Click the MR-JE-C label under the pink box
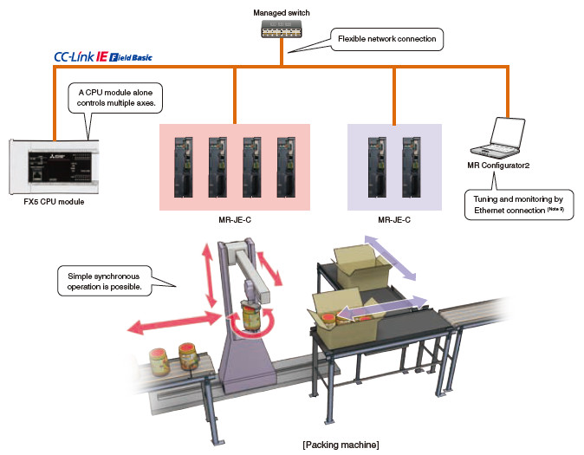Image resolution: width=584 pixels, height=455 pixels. point(235,220)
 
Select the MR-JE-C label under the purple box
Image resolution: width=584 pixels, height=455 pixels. point(394,220)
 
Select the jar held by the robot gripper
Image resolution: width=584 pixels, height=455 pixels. point(251,316)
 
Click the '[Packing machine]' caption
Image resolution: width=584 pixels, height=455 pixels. point(341,445)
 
